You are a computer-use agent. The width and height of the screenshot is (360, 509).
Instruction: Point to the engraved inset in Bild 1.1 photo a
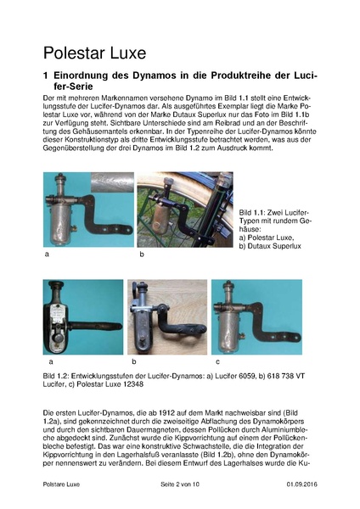click(110, 182)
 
